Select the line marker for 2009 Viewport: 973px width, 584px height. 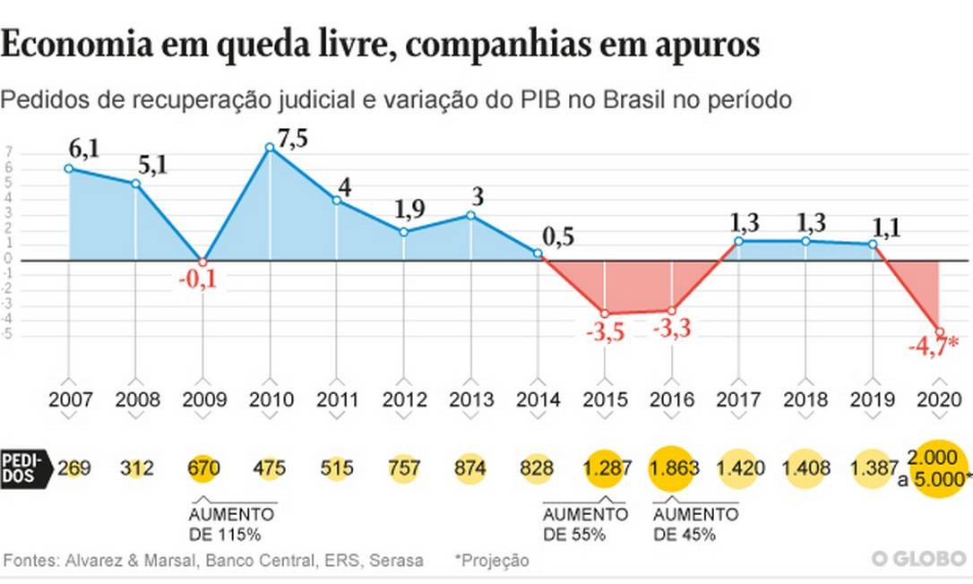[202, 261]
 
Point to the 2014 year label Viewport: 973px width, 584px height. [538, 399]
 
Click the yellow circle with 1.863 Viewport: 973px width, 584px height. [674, 468]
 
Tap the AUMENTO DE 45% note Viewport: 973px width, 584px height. [694, 525]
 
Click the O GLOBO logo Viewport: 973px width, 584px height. [919, 560]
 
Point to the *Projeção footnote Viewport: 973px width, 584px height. [491, 561]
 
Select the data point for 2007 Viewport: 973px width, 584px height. [68, 168]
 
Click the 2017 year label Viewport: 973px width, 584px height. [739, 399]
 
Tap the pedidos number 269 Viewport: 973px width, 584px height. [73, 468]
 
